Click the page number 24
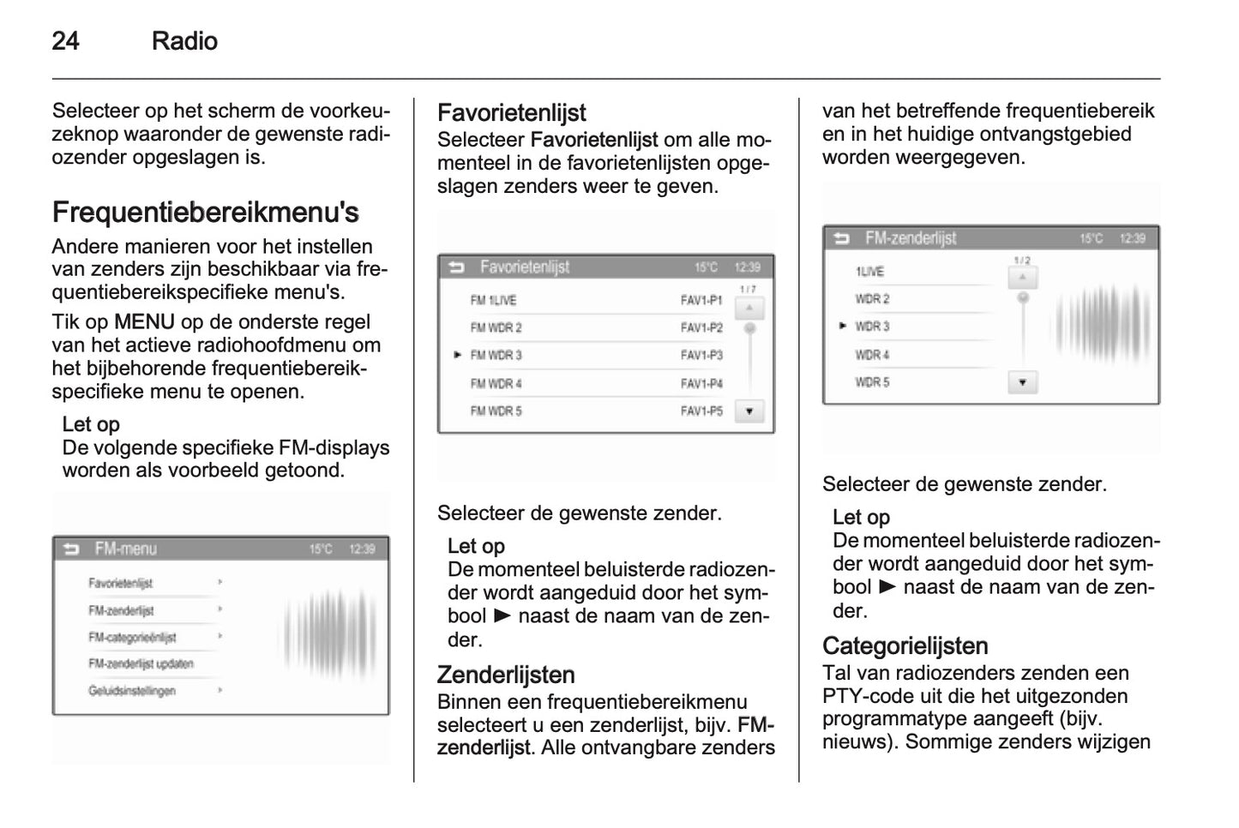[x=65, y=41]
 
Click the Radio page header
[x=184, y=41]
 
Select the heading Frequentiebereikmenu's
[x=205, y=213]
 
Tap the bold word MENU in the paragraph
[x=144, y=322]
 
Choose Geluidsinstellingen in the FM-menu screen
[x=132, y=691]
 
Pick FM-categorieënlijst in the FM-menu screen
[x=132, y=638]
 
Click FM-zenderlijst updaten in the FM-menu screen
[x=141, y=664]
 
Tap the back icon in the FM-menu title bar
[x=71, y=549]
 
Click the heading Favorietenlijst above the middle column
[x=511, y=113]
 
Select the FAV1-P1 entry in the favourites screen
[x=701, y=301]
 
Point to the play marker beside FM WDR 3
[x=458, y=355]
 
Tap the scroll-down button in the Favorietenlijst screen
[x=749, y=411]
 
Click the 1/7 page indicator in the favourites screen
[x=748, y=290]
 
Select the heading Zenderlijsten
[x=506, y=675]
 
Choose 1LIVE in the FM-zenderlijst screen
[x=869, y=272]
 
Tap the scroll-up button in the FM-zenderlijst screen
[x=1022, y=278]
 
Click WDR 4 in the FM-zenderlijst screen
[x=872, y=355]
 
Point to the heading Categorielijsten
[x=905, y=645]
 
